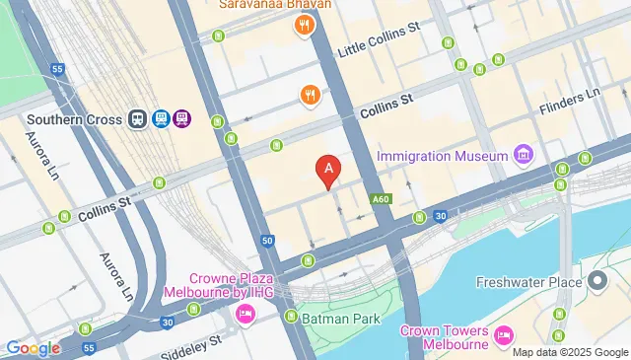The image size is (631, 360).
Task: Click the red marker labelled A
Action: pos(328,172)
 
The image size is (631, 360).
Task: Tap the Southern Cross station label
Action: pos(74,119)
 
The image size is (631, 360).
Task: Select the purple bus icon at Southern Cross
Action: pos(181,119)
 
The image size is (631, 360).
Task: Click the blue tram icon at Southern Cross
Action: pos(160,119)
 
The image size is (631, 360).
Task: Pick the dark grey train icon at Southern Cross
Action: pos(138,119)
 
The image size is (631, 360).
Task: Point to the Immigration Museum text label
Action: pos(441,156)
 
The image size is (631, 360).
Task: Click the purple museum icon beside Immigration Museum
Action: pos(524,156)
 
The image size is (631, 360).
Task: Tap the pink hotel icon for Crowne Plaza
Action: pos(244,314)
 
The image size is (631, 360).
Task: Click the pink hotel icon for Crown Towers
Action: pos(504,336)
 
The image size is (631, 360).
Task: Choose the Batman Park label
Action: pos(340,317)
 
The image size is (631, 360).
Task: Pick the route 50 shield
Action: pos(267,240)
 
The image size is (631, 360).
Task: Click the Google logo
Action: pos(32,347)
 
